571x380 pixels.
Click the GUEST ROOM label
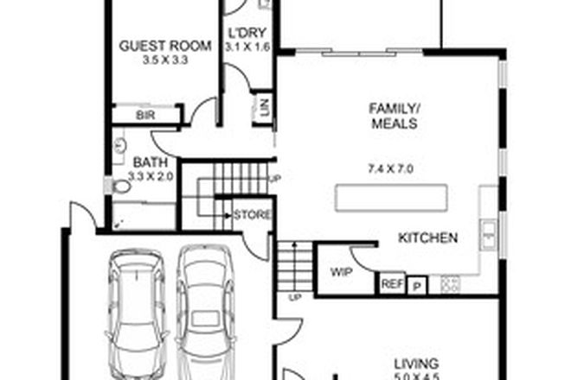tap(153, 46)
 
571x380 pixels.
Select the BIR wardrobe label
tap(144, 115)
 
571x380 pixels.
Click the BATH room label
tap(144, 161)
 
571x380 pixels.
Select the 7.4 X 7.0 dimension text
tap(392, 168)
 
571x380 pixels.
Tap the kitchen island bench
tap(393, 199)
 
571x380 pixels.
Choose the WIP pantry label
tap(341, 271)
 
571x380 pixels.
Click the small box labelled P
tap(417, 285)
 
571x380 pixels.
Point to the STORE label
tap(253, 215)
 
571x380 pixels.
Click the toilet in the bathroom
tap(119, 185)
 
